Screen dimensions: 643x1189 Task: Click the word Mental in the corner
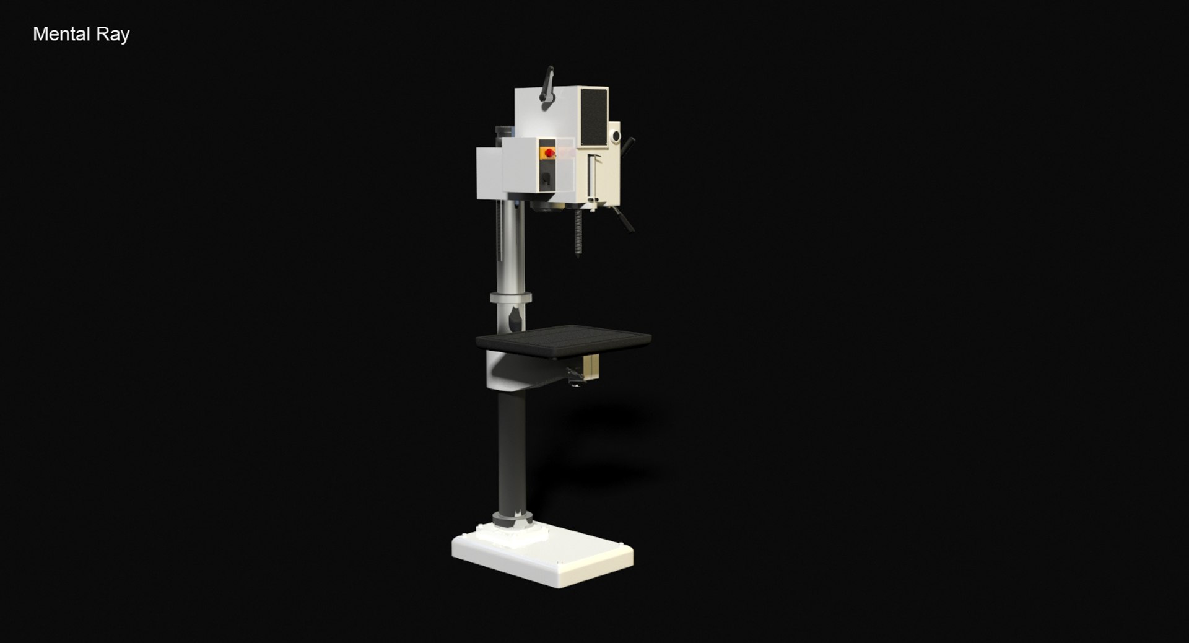coord(61,34)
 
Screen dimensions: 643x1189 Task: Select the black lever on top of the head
coord(547,87)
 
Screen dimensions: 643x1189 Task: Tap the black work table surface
coord(564,340)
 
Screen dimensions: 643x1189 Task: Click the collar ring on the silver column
coord(511,298)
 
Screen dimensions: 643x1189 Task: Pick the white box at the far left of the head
coord(489,173)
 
